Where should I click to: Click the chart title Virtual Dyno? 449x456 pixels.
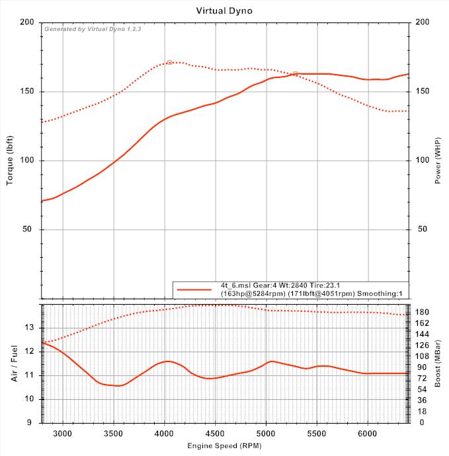click(224, 11)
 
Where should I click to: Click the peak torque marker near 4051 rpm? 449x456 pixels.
click(169, 62)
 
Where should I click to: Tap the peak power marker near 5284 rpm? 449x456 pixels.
click(295, 73)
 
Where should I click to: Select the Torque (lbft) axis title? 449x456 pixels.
click(10, 160)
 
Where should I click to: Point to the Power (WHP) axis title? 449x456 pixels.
click(438, 160)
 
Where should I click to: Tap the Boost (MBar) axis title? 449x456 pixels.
click(437, 363)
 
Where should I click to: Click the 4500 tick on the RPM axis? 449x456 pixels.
click(215, 434)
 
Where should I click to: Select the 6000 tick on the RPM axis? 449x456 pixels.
click(368, 434)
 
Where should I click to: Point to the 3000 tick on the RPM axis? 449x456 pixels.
click(62, 434)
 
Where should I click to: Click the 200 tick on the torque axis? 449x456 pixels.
click(27, 22)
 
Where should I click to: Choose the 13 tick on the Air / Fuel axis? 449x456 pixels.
click(28, 328)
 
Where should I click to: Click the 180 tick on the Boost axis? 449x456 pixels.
click(421, 312)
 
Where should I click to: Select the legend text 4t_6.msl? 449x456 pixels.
click(237, 285)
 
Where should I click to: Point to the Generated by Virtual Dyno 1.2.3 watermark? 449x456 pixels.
click(93, 29)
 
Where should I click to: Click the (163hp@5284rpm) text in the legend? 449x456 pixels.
click(255, 293)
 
